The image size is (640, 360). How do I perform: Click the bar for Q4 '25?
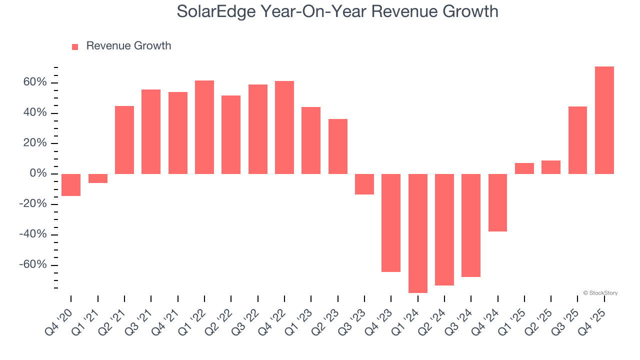click(x=604, y=120)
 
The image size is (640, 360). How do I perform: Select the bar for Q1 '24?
click(x=417, y=233)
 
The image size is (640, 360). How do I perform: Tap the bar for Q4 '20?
click(x=71, y=185)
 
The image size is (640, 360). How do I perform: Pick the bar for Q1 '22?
click(x=204, y=127)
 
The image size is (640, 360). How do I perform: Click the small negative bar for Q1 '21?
click(x=97, y=178)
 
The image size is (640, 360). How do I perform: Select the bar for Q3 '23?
click(x=364, y=184)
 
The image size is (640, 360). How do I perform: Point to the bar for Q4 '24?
click(x=497, y=202)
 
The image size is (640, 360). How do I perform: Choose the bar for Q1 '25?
click(x=524, y=168)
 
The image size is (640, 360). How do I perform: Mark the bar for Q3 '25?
click(x=577, y=140)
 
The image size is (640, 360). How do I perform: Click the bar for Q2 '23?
click(x=337, y=146)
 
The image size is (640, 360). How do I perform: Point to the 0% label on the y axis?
click(x=39, y=174)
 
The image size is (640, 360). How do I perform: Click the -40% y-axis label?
click(x=33, y=234)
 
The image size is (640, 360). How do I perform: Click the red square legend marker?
click(x=75, y=47)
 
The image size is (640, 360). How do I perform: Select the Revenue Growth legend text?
click(x=128, y=46)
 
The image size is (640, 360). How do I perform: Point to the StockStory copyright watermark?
click(x=600, y=293)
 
